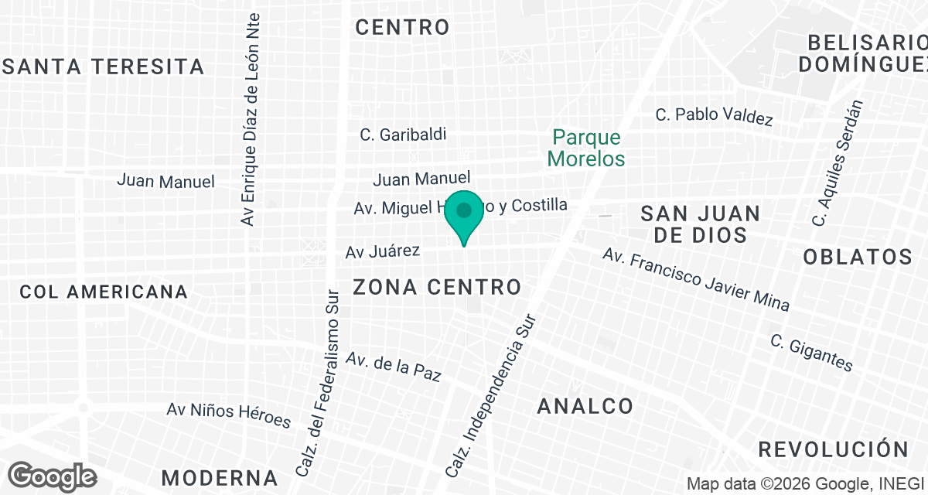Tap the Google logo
53,476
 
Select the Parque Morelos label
586,148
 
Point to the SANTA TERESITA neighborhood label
104,67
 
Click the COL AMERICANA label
104,292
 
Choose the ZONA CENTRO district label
437,288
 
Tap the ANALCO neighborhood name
585,405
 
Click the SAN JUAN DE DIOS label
701,224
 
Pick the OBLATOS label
858,257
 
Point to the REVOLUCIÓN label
834,449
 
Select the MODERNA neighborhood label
220,476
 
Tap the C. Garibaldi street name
403,135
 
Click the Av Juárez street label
383,251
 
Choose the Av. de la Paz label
394,367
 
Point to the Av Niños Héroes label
229,415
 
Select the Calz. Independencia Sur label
492,394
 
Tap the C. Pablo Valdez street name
714,115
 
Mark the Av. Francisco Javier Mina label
696,279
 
